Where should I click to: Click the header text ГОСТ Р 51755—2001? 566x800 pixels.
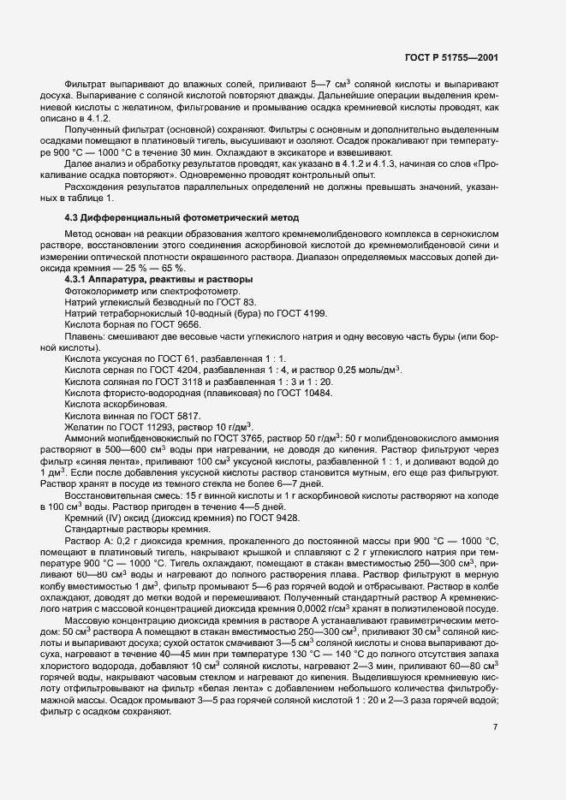451,56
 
